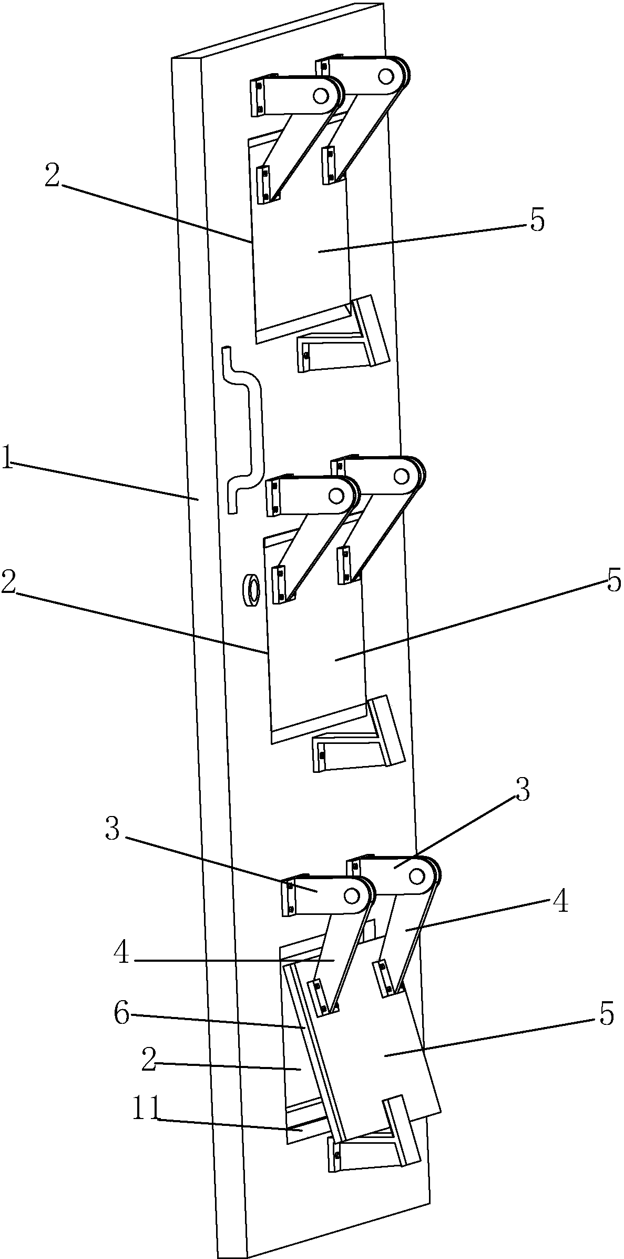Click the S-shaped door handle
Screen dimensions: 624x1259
tap(243, 430)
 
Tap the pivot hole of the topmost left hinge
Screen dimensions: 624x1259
tap(320, 96)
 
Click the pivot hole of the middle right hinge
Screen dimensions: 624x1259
tap(401, 477)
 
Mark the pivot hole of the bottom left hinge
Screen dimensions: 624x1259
tap(351, 895)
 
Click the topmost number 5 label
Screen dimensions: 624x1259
tap(536, 220)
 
